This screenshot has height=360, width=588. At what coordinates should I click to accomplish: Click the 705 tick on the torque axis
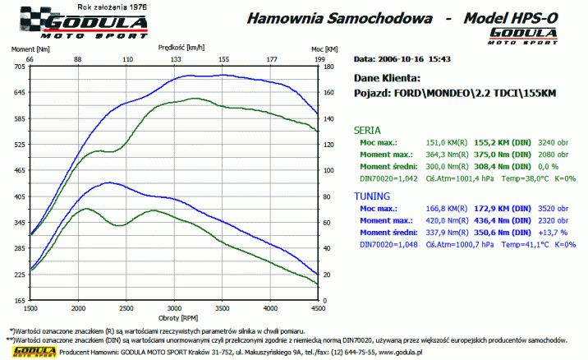click(x=19, y=67)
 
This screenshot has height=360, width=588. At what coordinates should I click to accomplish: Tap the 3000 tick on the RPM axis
click(x=175, y=307)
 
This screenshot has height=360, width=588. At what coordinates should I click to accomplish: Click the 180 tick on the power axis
click(x=328, y=67)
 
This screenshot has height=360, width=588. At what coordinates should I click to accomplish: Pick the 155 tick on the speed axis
click(x=223, y=59)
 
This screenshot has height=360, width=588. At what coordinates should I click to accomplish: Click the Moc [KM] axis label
click(x=324, y=50)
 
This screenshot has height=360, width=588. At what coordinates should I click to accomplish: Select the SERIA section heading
click(x=366, y=130)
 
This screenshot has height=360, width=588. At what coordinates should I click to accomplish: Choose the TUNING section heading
click(x=371, y=197)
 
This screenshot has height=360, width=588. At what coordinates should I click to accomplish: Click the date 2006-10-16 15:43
click(x=411, y=59)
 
